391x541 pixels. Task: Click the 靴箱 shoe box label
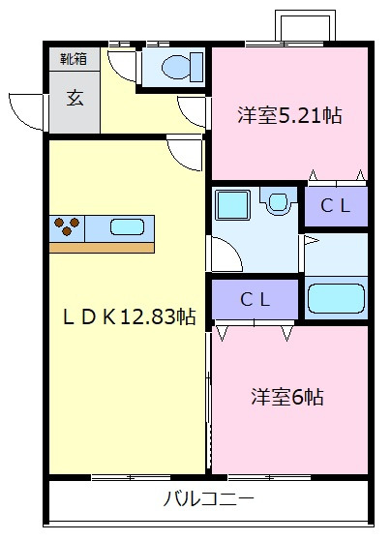[74, 59]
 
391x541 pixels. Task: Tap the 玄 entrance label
[74, 98]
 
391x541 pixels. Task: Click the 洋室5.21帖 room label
[289, 116]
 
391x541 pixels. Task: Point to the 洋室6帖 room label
[287, 397]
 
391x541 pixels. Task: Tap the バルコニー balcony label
[208, 500]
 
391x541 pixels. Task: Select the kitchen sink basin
[128, 227]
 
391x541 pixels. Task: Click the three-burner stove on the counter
[68, 226]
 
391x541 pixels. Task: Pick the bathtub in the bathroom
[336, 296]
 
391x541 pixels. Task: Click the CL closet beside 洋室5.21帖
[336, 205]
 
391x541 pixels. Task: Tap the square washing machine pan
[232, 205]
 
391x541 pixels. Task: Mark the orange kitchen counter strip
[102, 247]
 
